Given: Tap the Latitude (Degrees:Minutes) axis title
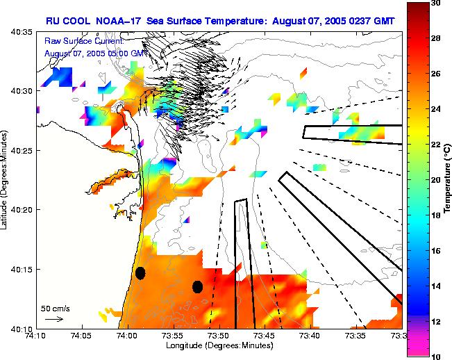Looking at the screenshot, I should pyautogui.click(x=6, y=180).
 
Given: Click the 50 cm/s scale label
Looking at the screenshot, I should pyautogui.click(x=53, y=307).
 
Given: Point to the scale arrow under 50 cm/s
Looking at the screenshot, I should pyautogui.click(x=53, y=319).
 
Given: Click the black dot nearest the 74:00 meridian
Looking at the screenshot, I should pyautogui.click(x=140, y=273).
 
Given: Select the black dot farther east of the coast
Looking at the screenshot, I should pyautogui.click(x=197, y=286).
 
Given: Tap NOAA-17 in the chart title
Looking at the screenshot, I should pyautogui.click(x=112, y=21).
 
